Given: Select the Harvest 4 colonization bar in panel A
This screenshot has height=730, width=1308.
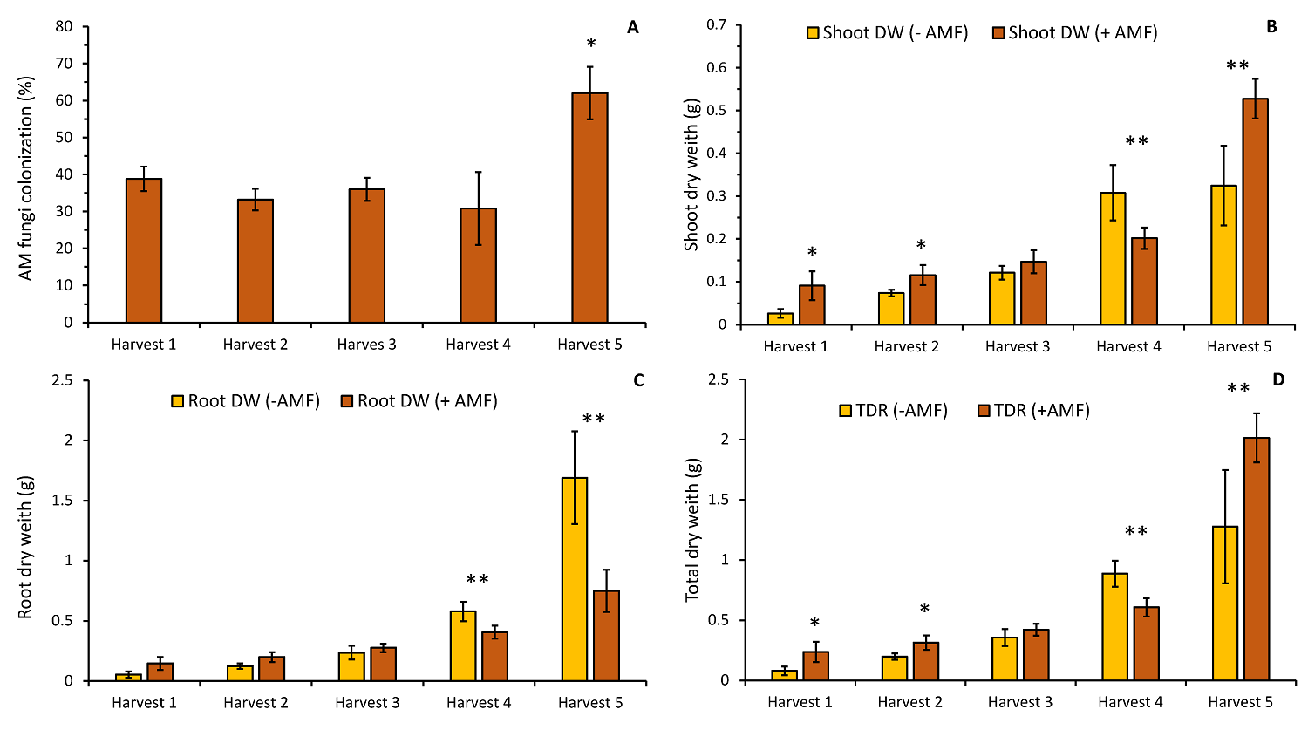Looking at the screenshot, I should pos(478,265).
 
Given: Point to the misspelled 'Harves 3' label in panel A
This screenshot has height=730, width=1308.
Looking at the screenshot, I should pos(366,345).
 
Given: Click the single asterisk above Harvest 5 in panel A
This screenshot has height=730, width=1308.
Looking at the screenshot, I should pos(591,44).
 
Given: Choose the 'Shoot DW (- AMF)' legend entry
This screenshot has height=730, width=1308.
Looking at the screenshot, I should pos(888,33).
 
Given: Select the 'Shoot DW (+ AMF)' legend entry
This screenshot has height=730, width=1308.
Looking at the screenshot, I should pos(1075,33).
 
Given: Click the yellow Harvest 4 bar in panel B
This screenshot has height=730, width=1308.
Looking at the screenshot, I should pos(1112,258).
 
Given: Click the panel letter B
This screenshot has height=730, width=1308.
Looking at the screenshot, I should pos(1271,27).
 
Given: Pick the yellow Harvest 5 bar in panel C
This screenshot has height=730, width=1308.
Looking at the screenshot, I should pos(575,579).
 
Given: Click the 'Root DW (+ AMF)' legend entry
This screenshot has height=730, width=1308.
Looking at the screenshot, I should pos(419,401).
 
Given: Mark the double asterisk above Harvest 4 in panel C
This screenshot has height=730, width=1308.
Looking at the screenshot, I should pos(477,580).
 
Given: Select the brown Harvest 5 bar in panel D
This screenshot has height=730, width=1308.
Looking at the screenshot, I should pos(1257,559).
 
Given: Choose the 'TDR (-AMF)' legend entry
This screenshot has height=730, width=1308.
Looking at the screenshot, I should pos(894,410).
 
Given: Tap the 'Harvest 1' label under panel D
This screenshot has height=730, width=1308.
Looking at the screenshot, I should pos(800,702).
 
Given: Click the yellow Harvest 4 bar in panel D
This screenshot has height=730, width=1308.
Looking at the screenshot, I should pos(1114,626).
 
